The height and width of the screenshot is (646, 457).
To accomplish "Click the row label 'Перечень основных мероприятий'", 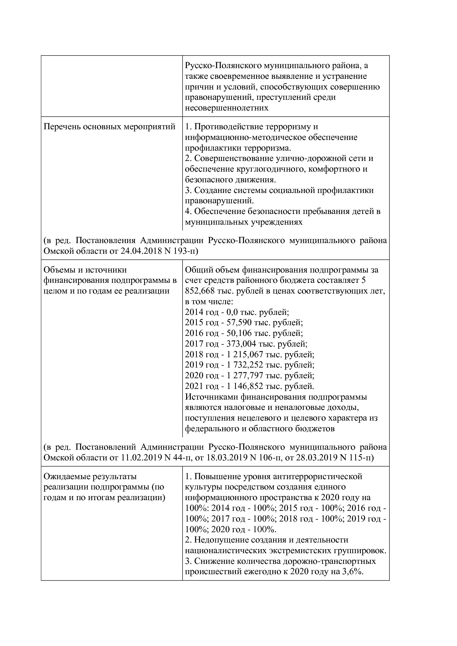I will pos(109,127).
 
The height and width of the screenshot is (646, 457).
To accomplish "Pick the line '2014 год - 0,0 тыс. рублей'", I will pos(237,312).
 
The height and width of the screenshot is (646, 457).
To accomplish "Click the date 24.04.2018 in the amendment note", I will pos(141,251).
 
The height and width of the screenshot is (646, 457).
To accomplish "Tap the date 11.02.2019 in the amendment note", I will pos(141,457).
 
